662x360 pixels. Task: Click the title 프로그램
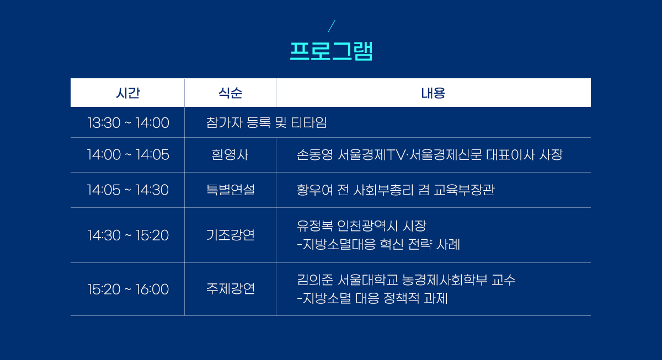click(x=331, y=51)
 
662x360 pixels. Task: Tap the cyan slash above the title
click(x=332, y=26)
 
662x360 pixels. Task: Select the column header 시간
click(x=127, y=93)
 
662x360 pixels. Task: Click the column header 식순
click(x=230, y=93)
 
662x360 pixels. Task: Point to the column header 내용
click(x=433, y=93)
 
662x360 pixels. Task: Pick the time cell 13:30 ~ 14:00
click(x=128, y=122)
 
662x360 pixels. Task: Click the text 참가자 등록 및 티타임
click(x=266, y=122)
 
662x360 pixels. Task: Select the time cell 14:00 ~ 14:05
click(x=128, y=155)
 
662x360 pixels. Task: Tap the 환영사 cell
click(x=230, y=155)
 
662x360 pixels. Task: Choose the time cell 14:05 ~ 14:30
click(x=127, y=190)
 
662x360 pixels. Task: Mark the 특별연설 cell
click(x=230, y=190)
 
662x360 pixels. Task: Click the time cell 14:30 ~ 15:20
click(x=128, y=235)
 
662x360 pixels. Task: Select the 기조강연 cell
click(x=230, y=235)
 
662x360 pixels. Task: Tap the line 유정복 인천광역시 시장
click(x=361, y=226)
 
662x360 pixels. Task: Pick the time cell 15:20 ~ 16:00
click(x=128, y=289)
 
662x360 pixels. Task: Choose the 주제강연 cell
click(x=230, y=289)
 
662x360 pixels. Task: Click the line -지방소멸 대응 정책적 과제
click(x=372, y=298)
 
